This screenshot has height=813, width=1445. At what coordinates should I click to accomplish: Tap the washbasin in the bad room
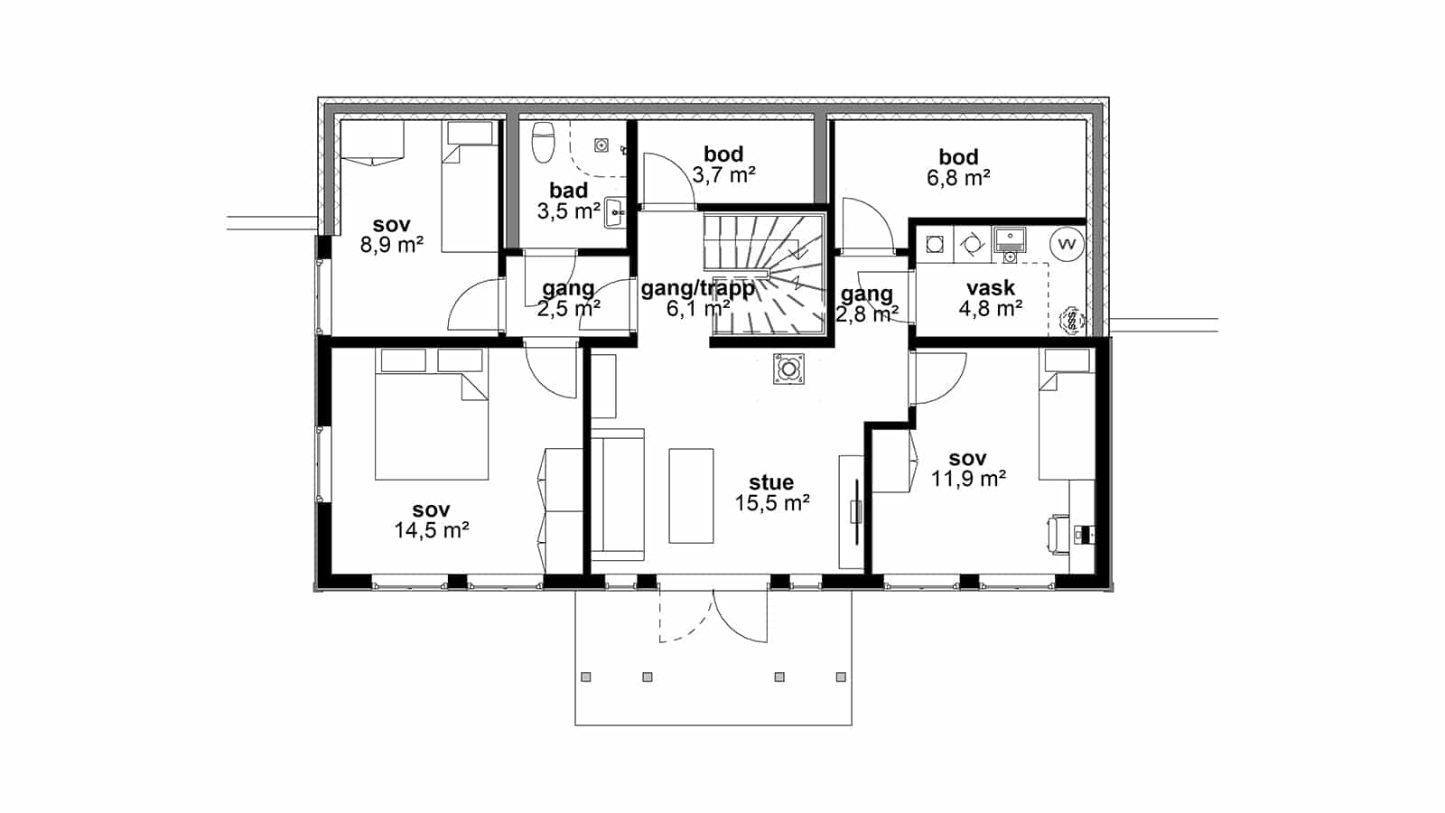click(x=615, y=211)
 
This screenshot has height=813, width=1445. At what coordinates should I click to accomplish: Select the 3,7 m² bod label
click(x=723, y=154)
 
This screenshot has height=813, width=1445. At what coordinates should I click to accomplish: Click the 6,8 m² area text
click(x=958, y=177)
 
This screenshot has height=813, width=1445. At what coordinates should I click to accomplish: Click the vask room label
click(x=990, y=288)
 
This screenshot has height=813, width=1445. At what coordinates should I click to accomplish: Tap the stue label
click(x=771, y=482)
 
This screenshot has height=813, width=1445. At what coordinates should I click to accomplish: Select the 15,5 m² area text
click(x=772, y=503)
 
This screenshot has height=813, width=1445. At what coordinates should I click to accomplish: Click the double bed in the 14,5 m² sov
click(x=432, y=415)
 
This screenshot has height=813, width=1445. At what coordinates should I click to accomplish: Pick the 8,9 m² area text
click(x=392, y=245)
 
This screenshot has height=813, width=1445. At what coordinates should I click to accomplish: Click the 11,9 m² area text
click(x=968, y=479)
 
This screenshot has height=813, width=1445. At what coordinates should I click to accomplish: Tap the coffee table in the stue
click(x=691, y=496)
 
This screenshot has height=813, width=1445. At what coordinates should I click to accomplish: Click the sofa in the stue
click(x=618, y=495)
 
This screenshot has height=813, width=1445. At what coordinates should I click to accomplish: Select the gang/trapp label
click(x=697, y=288)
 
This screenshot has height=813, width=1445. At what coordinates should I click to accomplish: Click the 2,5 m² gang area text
click(x=568, y=309)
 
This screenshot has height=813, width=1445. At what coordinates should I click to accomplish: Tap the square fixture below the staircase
click(x=789, y=369)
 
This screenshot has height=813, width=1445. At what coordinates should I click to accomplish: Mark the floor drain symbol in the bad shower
click(x=601, y=145)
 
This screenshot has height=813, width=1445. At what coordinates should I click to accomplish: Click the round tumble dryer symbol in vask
click(x=972, y=245)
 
